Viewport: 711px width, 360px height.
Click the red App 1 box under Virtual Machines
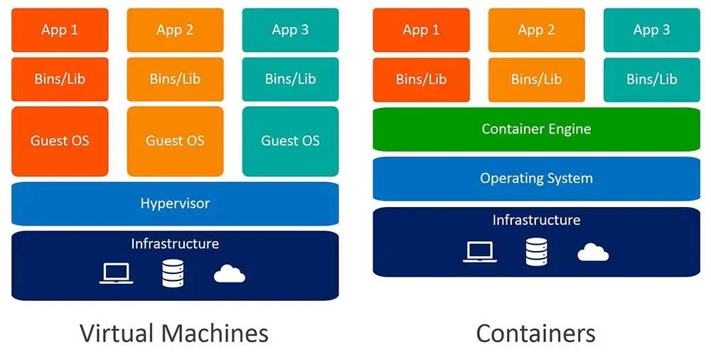point(60,30)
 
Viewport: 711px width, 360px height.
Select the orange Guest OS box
point(175,141)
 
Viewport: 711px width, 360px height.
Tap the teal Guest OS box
point(290,141)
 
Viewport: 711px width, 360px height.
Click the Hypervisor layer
point(175,203)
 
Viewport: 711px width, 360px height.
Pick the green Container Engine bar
point(536,129)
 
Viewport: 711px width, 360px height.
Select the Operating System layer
point(536,179)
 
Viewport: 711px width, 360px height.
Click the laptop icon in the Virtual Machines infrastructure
point(116,274)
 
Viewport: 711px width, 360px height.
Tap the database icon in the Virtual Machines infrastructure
point(173,273)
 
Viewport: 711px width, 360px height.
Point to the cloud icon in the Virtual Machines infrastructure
point(230,274)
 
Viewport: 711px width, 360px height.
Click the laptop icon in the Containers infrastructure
point(480,252)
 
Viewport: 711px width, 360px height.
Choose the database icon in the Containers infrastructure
point(537,252)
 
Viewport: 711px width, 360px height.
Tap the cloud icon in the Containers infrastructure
point(593,252)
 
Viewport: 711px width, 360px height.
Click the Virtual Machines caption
point(174,333)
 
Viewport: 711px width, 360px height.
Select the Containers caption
point(535,333)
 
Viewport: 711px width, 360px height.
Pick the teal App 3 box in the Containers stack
point(651,30)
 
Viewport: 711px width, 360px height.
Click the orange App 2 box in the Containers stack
point(536,30)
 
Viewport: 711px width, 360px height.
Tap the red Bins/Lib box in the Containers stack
point(421,80)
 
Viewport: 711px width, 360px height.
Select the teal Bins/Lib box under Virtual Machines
point(290,80)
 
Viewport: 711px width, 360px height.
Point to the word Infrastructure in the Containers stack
point(536,221)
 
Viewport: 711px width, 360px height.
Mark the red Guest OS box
point(60,141)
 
